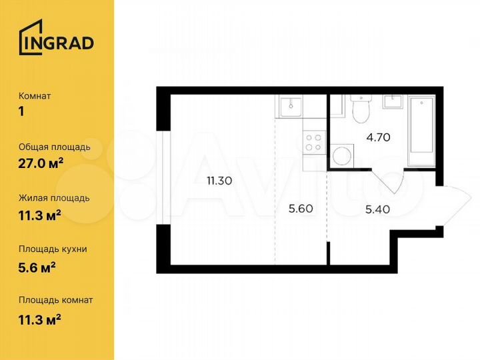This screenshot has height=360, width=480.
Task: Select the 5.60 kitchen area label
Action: pyautogui.click(x=300, y=207)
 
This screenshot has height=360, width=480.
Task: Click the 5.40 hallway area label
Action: pyautogui.click(x=377, y=207)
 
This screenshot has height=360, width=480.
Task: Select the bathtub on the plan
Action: pyautogui.click(x=421, y=126)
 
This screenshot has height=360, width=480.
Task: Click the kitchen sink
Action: pyautogui.click(x=291, y=105)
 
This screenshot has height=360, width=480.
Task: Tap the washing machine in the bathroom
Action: pyautogui.click(x=343, y=157)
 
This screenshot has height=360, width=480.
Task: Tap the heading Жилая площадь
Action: pyautogui.click(x=54, y=198)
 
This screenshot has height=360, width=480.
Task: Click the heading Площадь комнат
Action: pyautogui.click(x=57, y=300)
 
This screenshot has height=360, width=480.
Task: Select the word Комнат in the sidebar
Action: pyautogui.click(x=35, y=96)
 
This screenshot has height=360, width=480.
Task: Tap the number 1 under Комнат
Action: pyautogui.click(x=21, y=111)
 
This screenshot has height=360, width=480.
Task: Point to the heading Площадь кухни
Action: pyautogui.click(x=53, y=249)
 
